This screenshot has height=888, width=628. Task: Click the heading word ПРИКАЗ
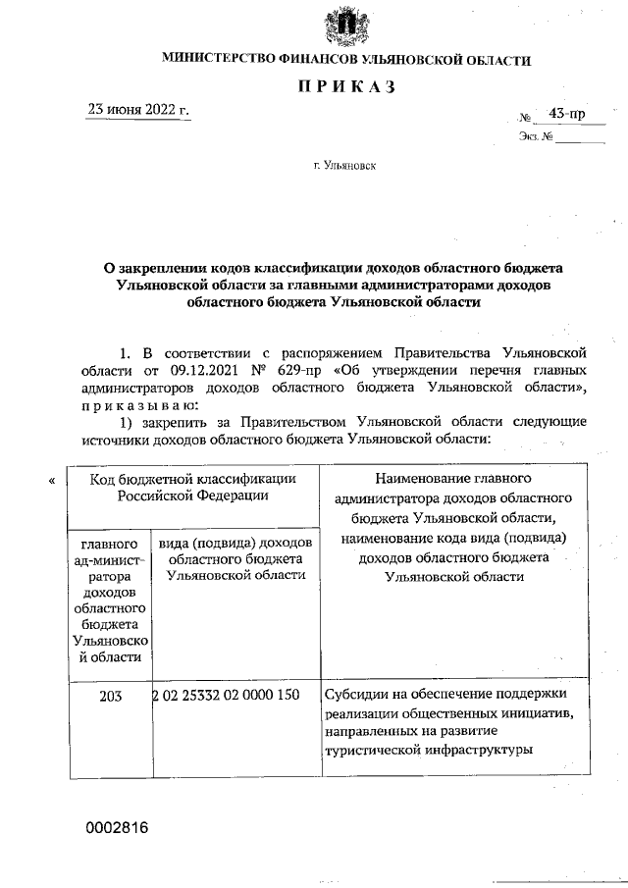[x=346, y=88]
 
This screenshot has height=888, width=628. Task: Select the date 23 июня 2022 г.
[x=138, y=110]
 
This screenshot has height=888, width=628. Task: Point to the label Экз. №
[x=535, y=137]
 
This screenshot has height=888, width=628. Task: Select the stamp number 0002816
[x=116, y=828]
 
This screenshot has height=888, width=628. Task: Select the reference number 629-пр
[x=306, y=372]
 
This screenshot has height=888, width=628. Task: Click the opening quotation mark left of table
[x=51, y=481]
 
